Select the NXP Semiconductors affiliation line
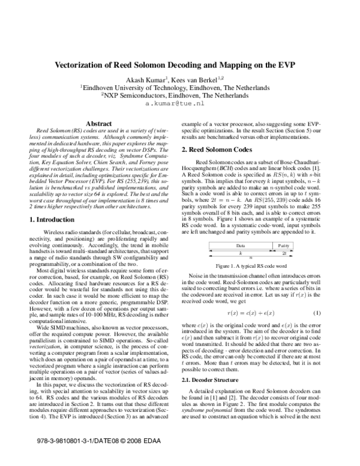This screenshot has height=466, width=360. coord(179,94)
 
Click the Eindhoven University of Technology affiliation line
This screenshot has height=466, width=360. coord(179,86)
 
